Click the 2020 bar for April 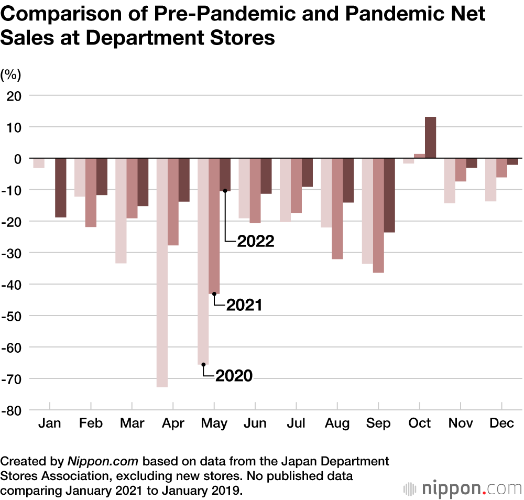[x=162, y=273]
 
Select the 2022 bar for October [x=430, y=137]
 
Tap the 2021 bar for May [x=214, y=226]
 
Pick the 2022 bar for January [x=61, y=188]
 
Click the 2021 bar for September [x=378, y=215]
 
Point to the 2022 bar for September [x=389, y=195]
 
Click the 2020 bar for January [x=38, y=163]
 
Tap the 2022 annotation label [x=256, y=241]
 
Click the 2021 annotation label [x=244, y=305]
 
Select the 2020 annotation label [x=234, y=375]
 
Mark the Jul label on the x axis [x=296, y=423]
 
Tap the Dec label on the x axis [x=501, y=423]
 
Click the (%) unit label [x=11, y=75]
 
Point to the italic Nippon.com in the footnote [x=103, y=462]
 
